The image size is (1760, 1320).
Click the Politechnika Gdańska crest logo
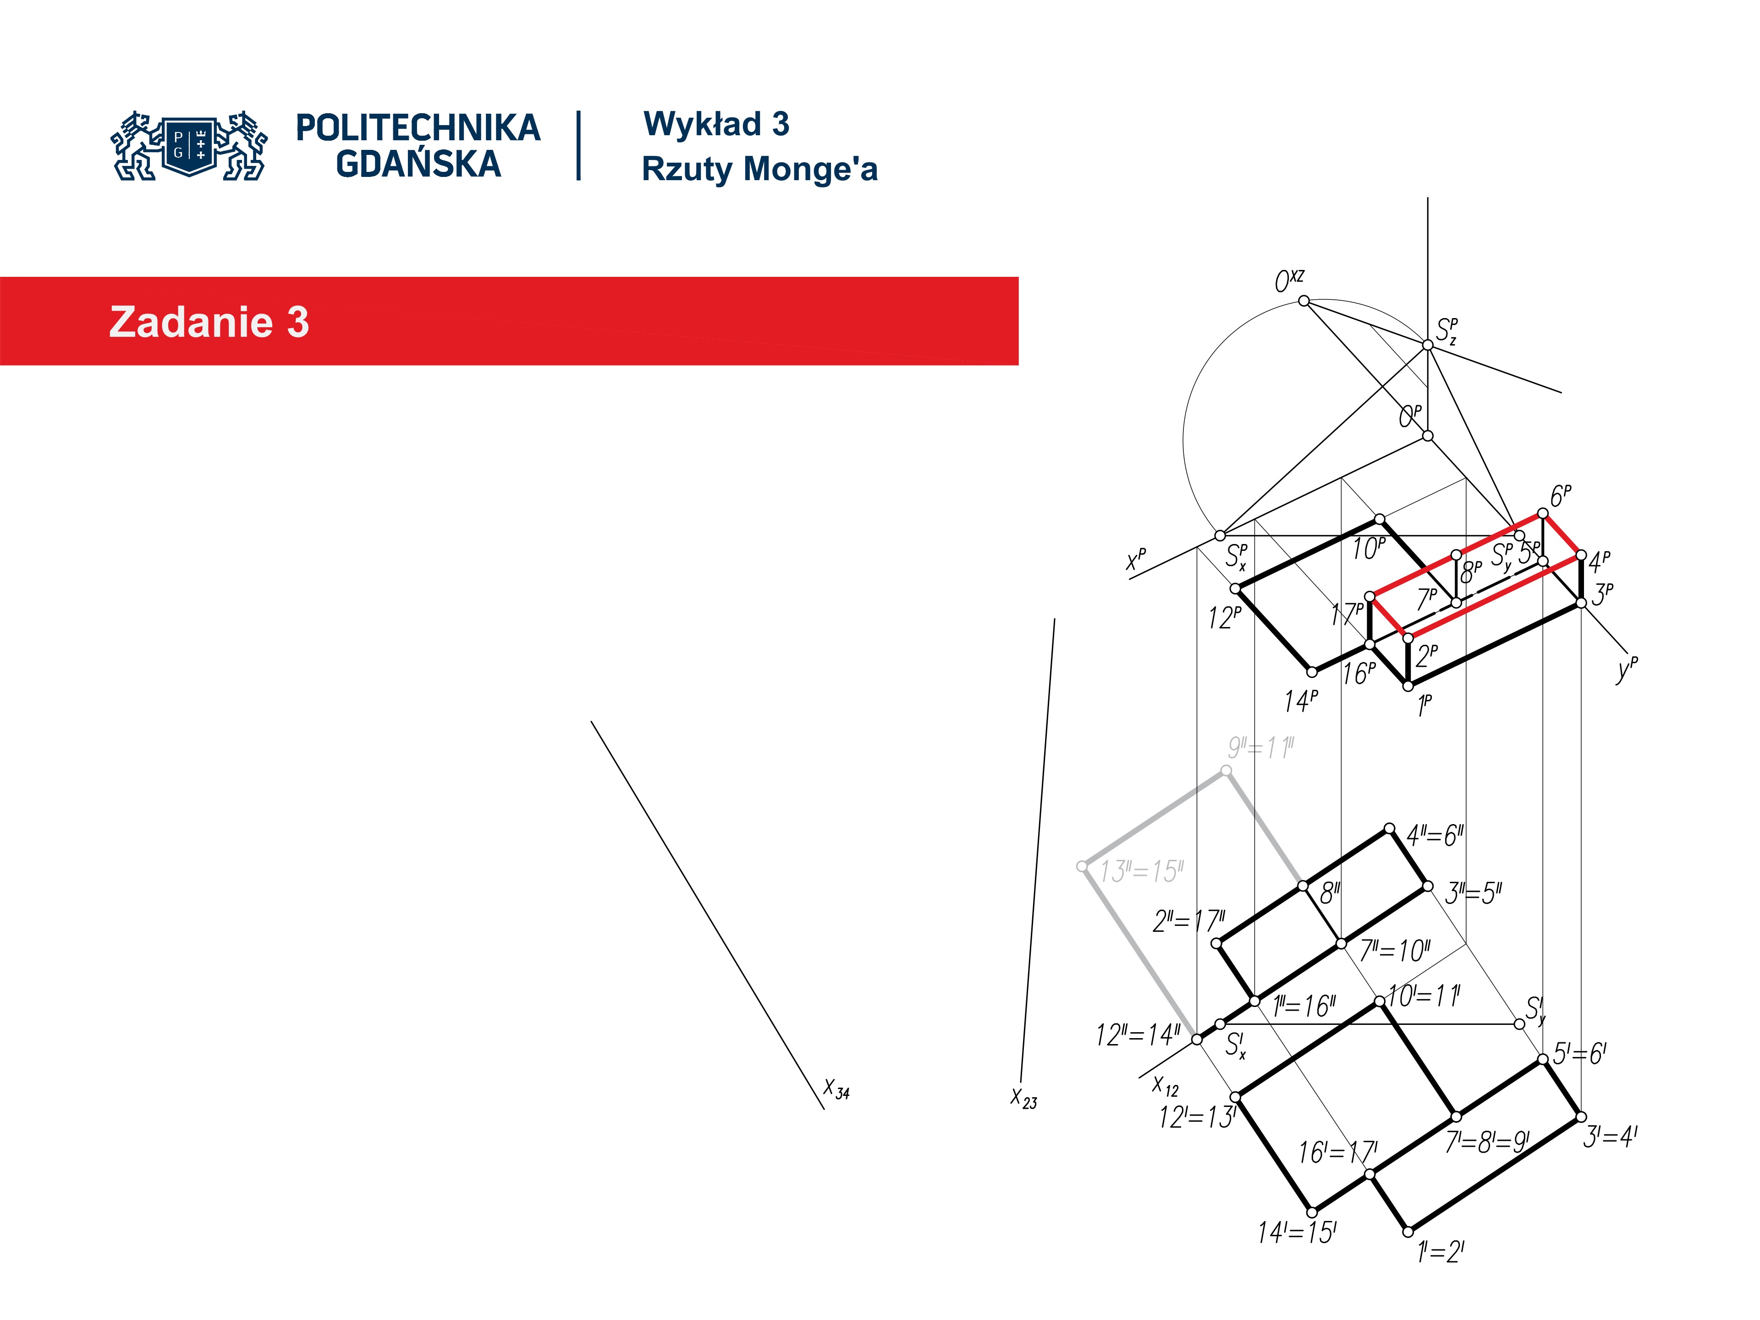click(x=189, y=146)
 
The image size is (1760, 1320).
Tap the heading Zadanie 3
click(x=209, y=322)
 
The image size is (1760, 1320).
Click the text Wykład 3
click(x=716, y=124)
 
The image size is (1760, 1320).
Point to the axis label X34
click(x=836, y=1089)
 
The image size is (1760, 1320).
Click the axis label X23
click(x=1023, y=1098)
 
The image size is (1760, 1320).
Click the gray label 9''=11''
click(x=1260, y=748)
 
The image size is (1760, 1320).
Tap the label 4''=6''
click(x=1435, y=836)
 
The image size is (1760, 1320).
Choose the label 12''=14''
click(x=1138, y=1035)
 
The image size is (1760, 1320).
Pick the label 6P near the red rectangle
click(x=1560, y=496)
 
